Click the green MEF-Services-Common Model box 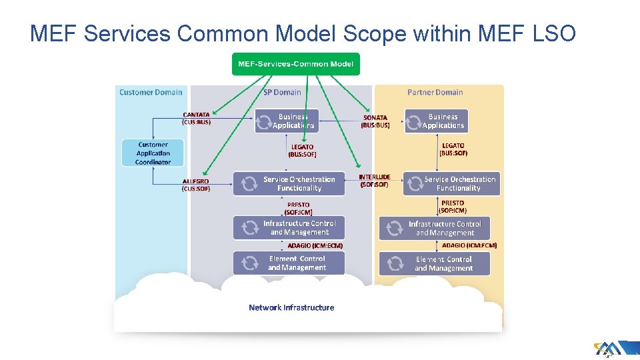tap(295, 64)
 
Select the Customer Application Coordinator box tap(153, 153)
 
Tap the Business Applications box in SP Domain tap(287, 121)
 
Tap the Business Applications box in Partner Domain tap(436, 121)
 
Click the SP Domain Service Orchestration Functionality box tap(289, 184)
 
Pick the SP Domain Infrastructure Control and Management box tap(289, 228)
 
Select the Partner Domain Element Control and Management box tap(435, 264)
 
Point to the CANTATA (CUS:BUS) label tap(196, 119)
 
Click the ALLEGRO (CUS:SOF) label tap(196, 185)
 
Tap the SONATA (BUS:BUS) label tap(375, 121)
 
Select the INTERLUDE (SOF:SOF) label tap(375, 181)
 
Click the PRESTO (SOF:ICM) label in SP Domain tap(298, 209)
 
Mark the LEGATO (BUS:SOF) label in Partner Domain tap(453, 149)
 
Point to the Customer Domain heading tap(151, 92)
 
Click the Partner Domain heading tap(435, 92)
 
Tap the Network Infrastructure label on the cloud tap(291, 307)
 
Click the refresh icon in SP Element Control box tap(249, 263)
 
